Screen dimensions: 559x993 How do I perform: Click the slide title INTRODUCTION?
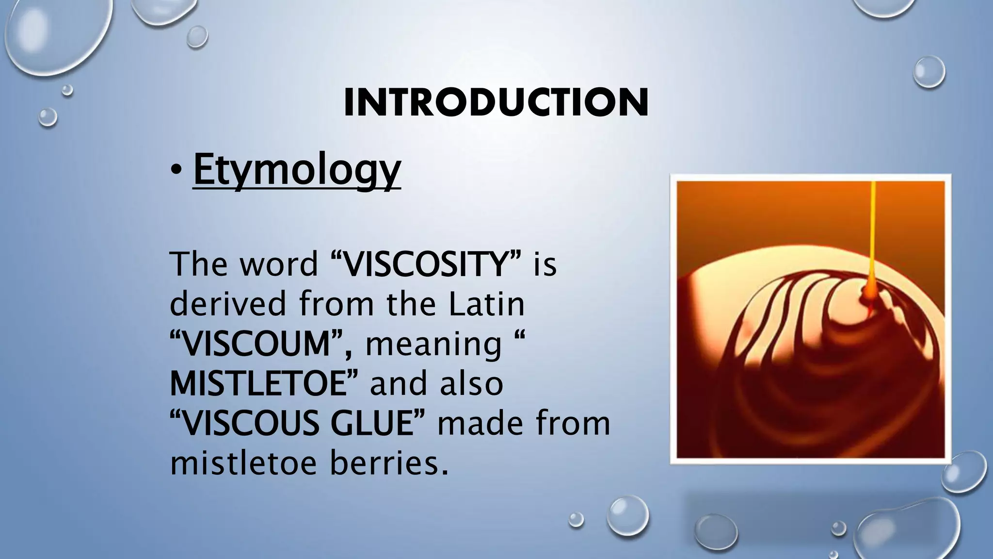click(496, 102)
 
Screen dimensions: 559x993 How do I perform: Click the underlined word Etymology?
click(297, 170)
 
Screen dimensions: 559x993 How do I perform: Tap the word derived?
click(228, 304)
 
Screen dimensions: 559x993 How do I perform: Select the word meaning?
click(433, 344)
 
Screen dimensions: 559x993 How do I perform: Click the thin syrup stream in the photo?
click(873, 233)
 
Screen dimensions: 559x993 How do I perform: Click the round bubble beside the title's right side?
click(929, 72)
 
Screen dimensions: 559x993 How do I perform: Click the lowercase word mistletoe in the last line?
click(243, 463)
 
